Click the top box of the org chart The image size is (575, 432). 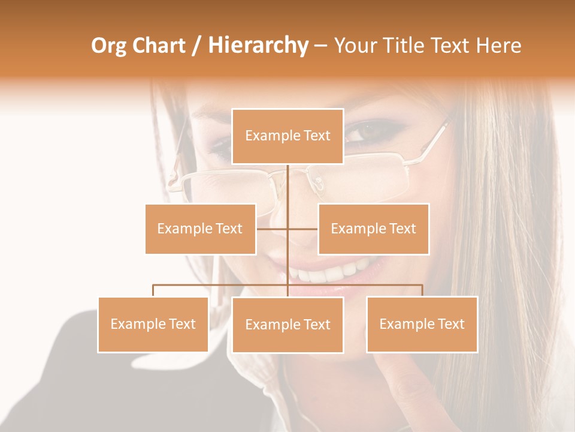[x=287, y=136]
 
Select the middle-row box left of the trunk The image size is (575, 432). [x=200, y=229]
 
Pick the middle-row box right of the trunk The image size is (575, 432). [x=373, y=229]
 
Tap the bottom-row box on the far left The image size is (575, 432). [x=153, y=324]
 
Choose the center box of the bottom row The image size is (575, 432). [x=287, y=325]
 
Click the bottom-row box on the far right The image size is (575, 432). [x=422, y=324]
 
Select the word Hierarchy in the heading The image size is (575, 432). [x=258, y=46]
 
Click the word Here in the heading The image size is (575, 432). [x=499, y=46]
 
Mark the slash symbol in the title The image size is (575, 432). [x=196, y=46]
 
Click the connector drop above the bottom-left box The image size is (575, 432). [x=153, y=290]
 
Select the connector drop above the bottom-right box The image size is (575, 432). [x=422, y=290]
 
